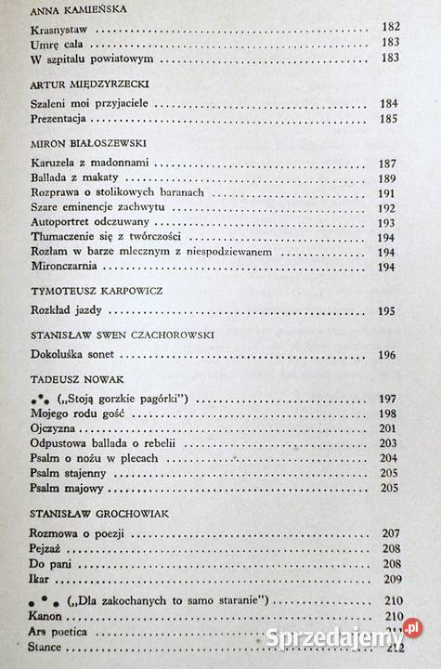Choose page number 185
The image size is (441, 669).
point(387,120)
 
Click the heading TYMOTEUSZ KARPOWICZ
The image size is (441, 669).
point(96,292)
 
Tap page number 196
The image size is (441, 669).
point(388,355)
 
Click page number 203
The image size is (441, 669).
point(388,444)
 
